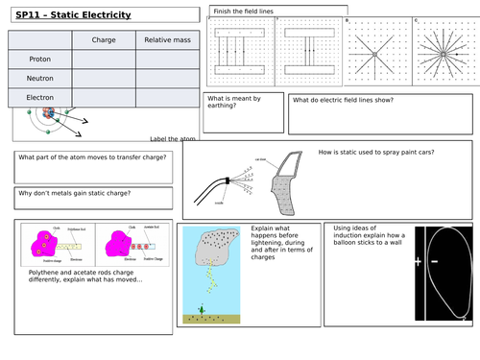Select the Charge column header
[103, 40]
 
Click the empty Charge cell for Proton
[103, 60]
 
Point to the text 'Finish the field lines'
[240, 11]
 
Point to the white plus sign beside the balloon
[419, 261]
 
